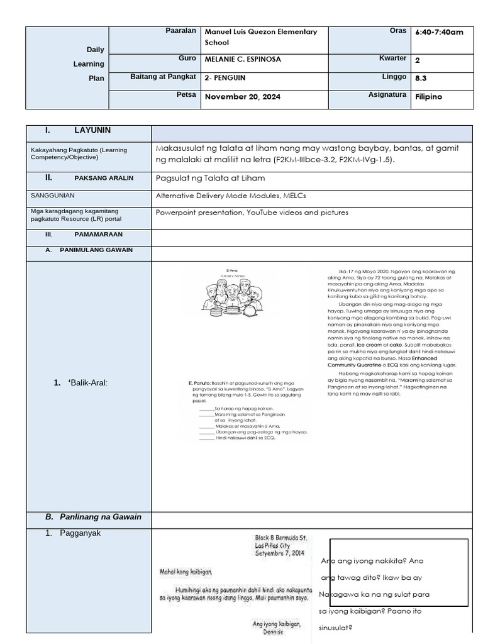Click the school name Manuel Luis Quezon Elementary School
tap(260, 37)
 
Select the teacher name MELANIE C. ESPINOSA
tap(243, 59)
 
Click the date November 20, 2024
tap(243, 97)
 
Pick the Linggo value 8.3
tap(421, 79)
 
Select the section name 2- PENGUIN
tap(225, 79)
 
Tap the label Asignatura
tap(387, 94)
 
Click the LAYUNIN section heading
tap(92, 130)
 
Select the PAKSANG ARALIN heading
tap(104, 178)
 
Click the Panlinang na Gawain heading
tap(101, 517)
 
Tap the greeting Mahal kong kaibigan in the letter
tap(186, 572)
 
